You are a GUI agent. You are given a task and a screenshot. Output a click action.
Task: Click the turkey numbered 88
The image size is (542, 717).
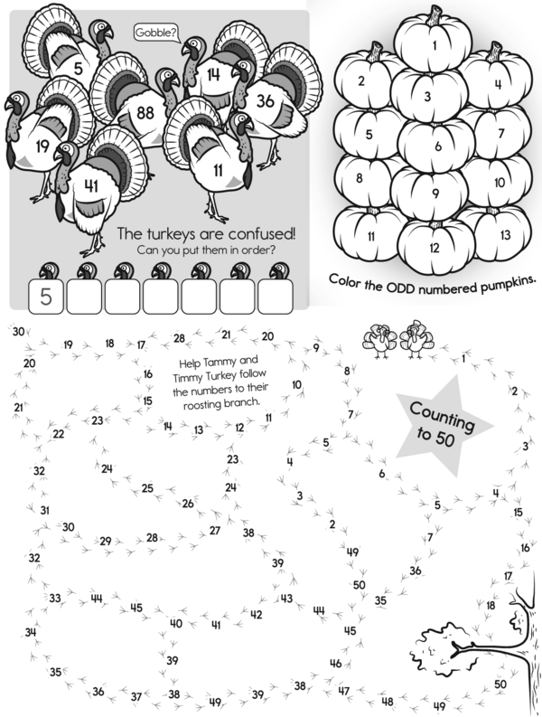tap(137, 109)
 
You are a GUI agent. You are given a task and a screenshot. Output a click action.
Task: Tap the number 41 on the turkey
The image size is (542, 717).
tap(91, 186)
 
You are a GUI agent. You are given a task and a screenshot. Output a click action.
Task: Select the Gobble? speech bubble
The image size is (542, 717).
tap(156, 33)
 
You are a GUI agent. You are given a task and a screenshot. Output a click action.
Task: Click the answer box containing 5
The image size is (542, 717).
tap(46, 297)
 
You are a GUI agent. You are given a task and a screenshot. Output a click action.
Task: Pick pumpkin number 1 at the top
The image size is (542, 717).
tap(434, 42)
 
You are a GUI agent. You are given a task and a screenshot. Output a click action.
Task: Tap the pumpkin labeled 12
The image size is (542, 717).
tap(435, 247)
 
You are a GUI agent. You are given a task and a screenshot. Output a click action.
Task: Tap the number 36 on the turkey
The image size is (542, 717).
tap(265, 100)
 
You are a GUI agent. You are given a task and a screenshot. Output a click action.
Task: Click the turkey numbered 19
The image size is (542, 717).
tap(46, 137)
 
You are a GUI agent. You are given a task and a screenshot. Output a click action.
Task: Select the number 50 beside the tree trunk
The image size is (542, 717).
tap(500, 684)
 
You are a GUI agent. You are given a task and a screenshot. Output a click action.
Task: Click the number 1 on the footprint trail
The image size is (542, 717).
tap(463, 358)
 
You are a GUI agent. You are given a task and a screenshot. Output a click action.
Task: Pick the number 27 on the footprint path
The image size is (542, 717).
tap(215, 531)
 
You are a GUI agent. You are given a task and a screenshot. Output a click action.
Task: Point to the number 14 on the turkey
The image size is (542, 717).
tap(213, 74)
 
